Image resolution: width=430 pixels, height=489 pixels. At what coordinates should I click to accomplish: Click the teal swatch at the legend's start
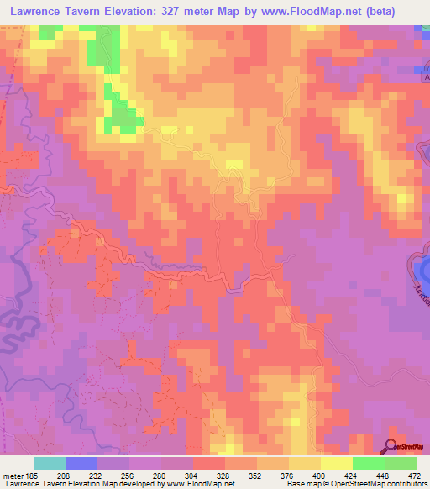pos(50,463)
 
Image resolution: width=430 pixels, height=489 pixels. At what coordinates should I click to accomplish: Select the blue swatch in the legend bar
pos(81,463)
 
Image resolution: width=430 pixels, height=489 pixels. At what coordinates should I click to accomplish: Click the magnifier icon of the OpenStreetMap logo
pos(391,445)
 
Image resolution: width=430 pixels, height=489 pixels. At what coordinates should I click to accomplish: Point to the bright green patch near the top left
pos(123,118)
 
